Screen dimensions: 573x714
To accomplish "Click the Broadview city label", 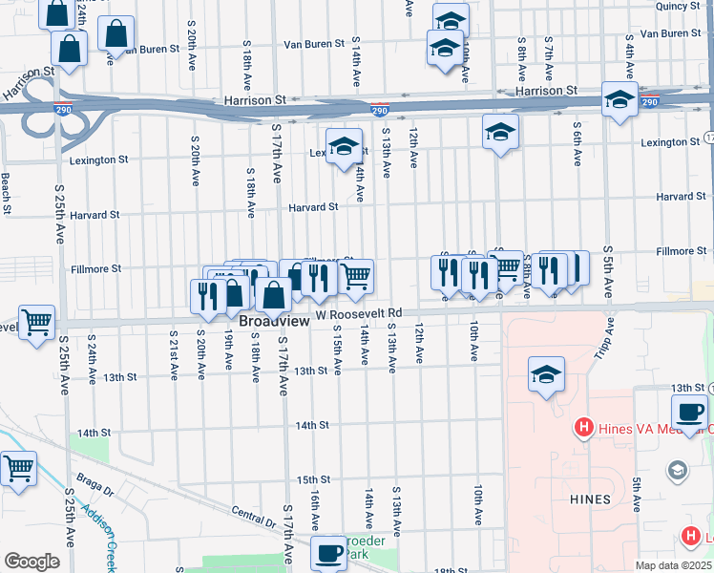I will click(x=274, y=323).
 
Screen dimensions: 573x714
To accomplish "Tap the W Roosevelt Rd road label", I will click(x=360, y=313).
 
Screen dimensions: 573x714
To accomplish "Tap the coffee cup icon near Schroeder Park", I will click(x=329, y=553).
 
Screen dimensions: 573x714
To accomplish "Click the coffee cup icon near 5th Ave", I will click(x=688, y=413).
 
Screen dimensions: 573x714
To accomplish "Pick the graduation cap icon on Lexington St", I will click(x=344, y=146).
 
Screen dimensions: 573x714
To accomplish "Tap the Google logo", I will click(x=31, y=562).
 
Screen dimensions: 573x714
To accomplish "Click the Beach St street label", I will click(x=6, y=193).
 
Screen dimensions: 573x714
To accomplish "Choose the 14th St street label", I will click(x=311, y=425).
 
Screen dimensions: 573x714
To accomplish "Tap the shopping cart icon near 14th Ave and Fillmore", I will click(x=355, y=277).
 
